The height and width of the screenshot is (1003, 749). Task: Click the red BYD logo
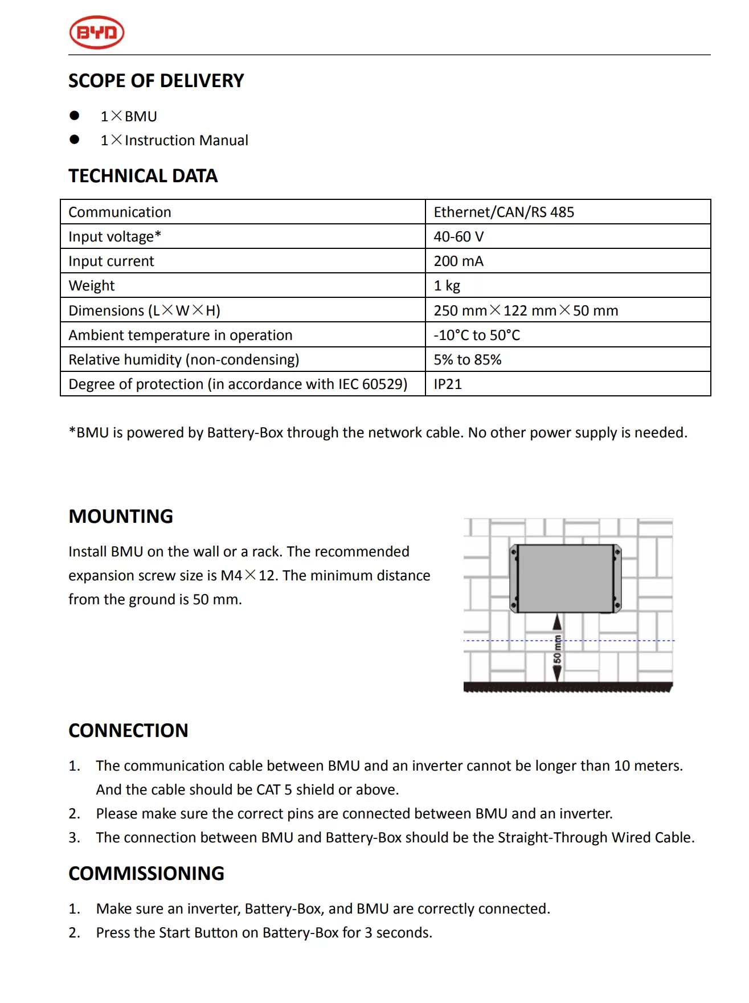[x=97, y=32]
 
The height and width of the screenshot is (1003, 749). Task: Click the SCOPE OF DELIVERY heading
[x=156, y=81]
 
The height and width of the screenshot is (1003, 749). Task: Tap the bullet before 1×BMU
[x=75, y=116]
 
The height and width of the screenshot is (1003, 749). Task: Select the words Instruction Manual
[x=186, y=141]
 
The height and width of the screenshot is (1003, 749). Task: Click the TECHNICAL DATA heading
[x=143, y=176]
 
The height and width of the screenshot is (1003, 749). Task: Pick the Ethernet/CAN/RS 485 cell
[x=504, y=212]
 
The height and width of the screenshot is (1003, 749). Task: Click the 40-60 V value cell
[x=459, y=237]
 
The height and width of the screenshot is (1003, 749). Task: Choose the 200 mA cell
[x=459, y=261]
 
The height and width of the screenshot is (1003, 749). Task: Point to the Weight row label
[x=92, y=286]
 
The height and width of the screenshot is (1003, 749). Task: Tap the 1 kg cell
[x=447, y=286]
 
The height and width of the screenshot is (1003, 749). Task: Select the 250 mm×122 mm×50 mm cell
[x=526, y=311]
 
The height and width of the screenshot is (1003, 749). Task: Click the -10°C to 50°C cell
[x=477, y=335]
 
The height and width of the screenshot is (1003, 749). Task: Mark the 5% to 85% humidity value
[x=468, y=360]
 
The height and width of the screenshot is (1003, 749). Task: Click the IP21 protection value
[x=448, y=384]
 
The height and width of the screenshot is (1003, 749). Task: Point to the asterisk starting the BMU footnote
[x=72, y=431]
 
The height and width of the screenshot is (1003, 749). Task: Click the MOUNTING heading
[x=121, y=517]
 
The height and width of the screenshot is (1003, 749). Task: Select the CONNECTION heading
[x=128, y=731]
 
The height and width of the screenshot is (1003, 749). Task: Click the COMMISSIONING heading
[x=146, y=874]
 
